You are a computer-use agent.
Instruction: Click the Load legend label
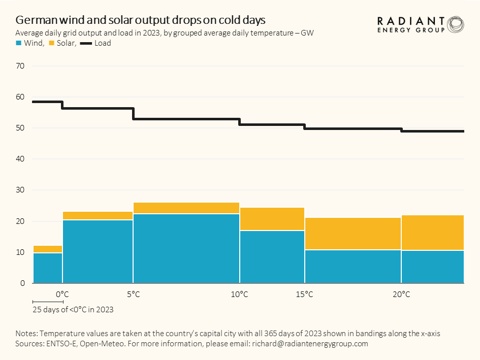[103, 44]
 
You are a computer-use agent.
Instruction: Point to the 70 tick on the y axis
[20, 66]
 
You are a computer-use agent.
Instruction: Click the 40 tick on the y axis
[20, 159]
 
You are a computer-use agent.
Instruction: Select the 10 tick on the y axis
[20, 252]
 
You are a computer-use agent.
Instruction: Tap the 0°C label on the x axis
[62, 294]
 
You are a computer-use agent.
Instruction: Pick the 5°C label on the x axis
[133, 294]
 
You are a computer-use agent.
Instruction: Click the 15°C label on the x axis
[304, 294]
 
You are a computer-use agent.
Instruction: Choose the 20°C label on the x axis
[401, 294]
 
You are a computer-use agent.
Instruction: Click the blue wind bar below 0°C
[47, 268]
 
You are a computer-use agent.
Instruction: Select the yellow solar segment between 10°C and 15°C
[272, 219]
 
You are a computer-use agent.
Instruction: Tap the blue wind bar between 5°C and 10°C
[186, 249]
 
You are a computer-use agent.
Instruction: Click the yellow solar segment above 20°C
[432, 233]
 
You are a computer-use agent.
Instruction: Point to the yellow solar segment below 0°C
[47, 249]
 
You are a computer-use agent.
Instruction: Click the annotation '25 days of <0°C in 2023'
[73, 309]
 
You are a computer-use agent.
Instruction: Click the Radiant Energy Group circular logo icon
[455, 24]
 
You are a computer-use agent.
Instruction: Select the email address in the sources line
[309, 344]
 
